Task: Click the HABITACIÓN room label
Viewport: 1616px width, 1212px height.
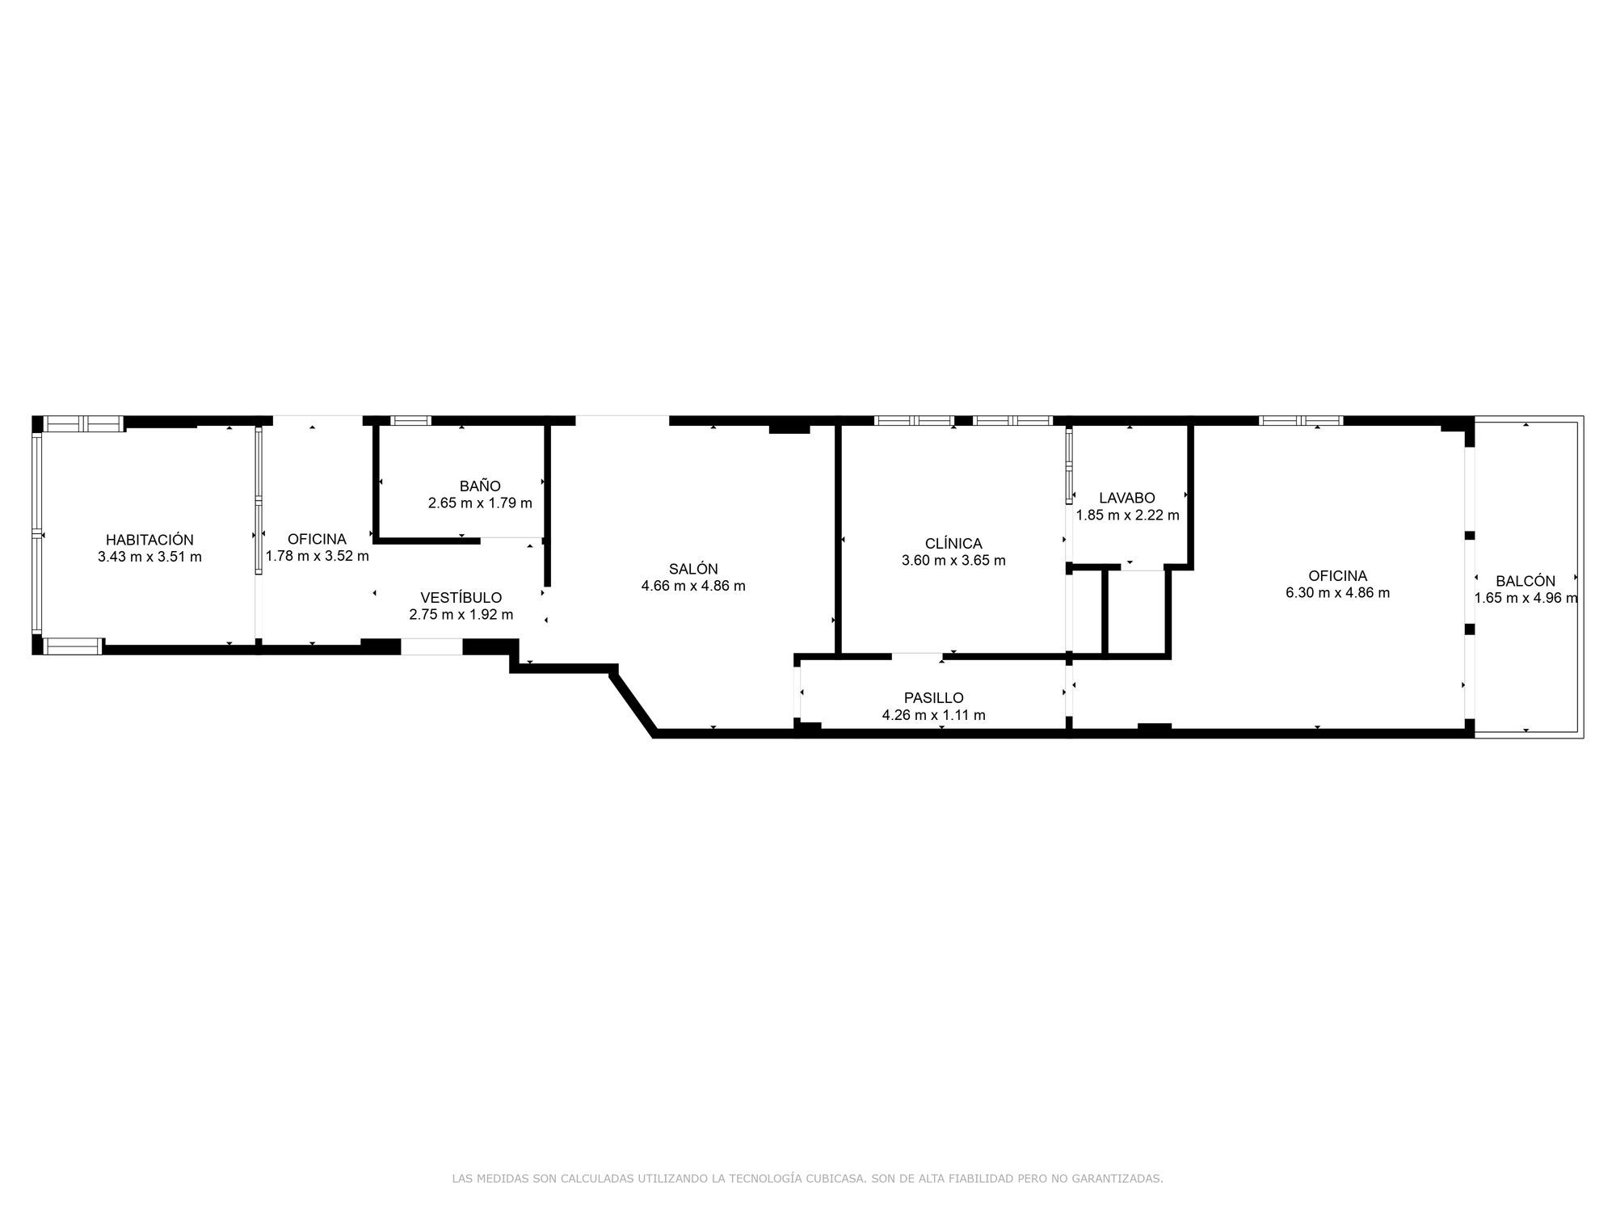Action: (x=149, y=540)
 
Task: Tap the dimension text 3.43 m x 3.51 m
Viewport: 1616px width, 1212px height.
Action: (x=149, y=557)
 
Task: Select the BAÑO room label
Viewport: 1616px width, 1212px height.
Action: (x=480, y=486)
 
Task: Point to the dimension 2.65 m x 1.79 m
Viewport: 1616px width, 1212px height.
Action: (x=480, y=503)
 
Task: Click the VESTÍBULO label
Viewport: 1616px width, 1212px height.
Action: (x=461, y=598)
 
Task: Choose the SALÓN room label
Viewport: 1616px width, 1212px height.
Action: (x=693, y=569)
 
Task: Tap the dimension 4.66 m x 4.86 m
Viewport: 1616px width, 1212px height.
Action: (x=693, y=586)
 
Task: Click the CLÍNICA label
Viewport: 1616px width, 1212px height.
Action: (x=953, y=544)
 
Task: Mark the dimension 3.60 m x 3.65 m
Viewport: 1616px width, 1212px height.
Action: (x=953, y=561)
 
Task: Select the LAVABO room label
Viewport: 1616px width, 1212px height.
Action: (x=1126, y=499)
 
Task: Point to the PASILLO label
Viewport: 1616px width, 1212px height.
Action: (x=933, y=698)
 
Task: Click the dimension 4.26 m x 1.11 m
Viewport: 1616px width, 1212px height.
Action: (x=933, y=715)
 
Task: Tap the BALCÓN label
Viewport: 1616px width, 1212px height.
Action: (x=1525, y=581)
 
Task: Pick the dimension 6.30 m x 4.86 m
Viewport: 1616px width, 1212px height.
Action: (x=1337, y=592)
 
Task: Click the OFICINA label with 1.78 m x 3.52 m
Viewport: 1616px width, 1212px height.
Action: (x=317, y=539)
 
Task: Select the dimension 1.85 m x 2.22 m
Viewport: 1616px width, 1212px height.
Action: (x=1126, y=515)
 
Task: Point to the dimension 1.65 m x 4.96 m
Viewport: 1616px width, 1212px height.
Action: (x=1525, y=598)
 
